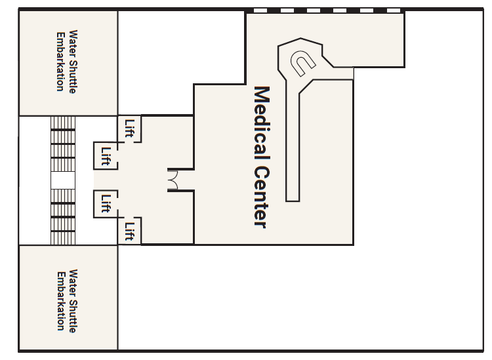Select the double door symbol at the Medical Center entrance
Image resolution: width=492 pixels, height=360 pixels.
click(173, 180)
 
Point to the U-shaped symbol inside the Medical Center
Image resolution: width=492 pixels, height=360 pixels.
click(302, 63)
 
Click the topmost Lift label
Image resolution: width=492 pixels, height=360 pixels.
click(130, 129)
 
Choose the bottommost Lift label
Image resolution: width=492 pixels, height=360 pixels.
click(130, 231)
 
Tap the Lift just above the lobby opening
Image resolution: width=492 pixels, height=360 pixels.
click(106, 156)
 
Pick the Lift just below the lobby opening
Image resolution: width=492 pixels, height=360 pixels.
click(106, 203)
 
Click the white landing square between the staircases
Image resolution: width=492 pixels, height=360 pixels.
click(63, 180)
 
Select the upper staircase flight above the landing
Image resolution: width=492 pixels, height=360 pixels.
click(63, 144)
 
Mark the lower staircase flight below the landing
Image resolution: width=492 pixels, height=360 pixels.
click(63, 216)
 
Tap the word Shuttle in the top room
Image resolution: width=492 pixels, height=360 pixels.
click(72, 76)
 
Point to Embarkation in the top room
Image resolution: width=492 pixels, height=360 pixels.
click(60, 62)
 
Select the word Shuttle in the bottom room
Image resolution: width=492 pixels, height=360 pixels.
click(72, 315)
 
